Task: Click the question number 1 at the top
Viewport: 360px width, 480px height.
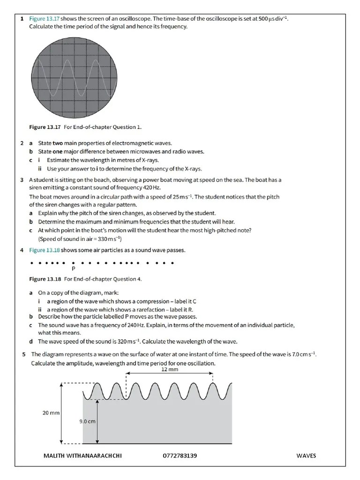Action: coord(22,18)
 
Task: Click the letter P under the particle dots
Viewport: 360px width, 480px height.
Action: coord(73,269)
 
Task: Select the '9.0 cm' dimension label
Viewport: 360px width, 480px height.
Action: coord(87,421)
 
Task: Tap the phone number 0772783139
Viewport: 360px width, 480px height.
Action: coord(180,456)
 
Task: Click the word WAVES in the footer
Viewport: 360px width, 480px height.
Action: coord(306,456)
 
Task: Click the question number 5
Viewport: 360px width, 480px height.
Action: coord(24,354)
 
